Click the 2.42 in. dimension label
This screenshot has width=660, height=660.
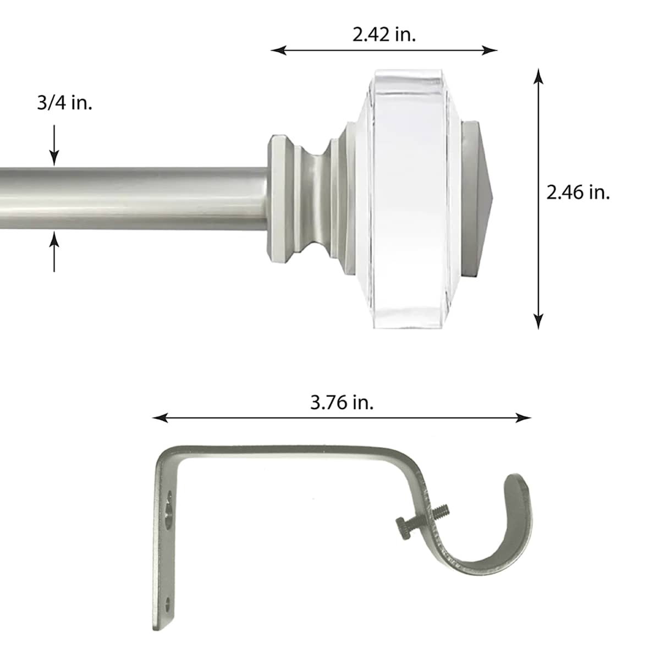[x=384, y=35]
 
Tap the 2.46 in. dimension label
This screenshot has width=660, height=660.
[x=578, y=193]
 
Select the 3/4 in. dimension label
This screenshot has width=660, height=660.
[x=64, y=102]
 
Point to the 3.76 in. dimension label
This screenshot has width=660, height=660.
[x=342, y=402]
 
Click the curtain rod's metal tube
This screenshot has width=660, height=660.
[x=132, y=198]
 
